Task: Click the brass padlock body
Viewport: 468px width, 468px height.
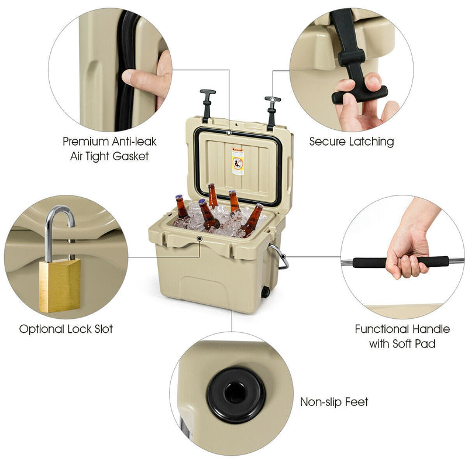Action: point(60,285)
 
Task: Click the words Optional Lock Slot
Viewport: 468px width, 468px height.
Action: point(66,329)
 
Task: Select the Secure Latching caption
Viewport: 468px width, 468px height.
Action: point(352,142)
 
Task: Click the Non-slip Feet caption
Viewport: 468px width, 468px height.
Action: point(334,402)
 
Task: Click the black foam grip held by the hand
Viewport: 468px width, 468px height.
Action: point(401,261)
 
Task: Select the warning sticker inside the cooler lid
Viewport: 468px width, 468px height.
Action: point(238,161)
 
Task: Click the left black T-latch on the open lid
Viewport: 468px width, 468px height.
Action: point(207,105)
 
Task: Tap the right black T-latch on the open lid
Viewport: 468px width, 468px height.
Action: point(272,113)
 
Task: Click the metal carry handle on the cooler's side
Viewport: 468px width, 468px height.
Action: point(280,256)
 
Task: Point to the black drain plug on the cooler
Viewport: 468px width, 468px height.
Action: point(266,291)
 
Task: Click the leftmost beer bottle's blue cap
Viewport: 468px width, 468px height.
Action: point(179,197)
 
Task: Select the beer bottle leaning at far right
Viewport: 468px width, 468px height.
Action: point(252,220)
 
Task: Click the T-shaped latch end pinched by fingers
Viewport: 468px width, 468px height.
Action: point(360,95)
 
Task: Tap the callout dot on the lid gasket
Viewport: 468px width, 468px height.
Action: point(229,133)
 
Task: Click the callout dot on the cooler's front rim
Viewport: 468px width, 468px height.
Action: point(199,239)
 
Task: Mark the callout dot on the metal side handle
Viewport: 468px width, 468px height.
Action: point(283,256)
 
